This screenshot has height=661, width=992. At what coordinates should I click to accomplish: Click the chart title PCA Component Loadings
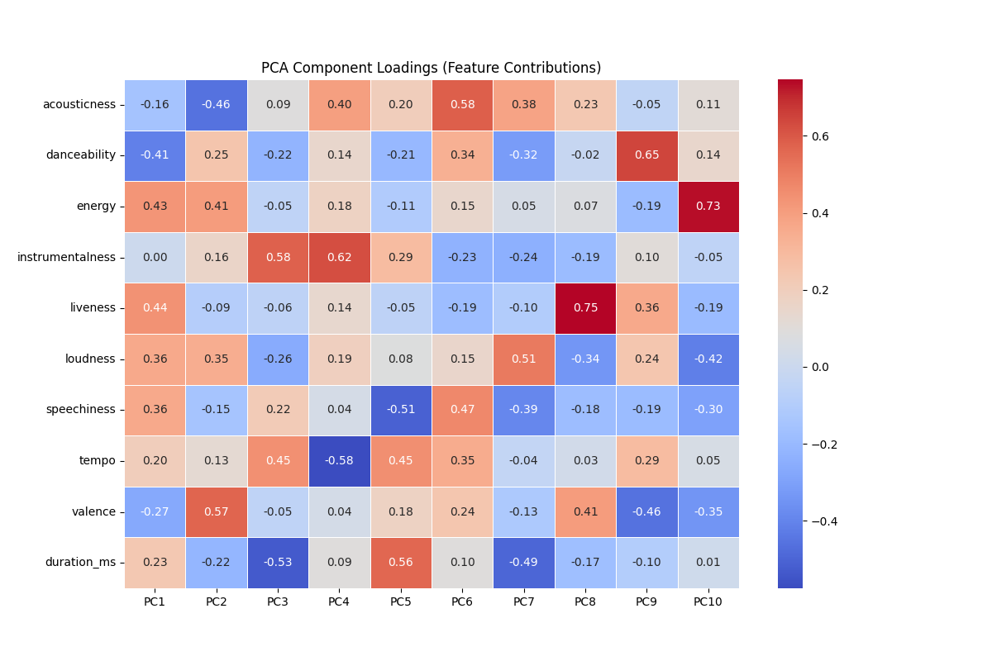click(431, 68)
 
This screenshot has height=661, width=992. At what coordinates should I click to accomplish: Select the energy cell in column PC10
click(708, 206)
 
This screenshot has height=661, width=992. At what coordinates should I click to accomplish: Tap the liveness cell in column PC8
click(585, 307)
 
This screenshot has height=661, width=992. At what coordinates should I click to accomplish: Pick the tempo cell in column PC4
click(339, 460)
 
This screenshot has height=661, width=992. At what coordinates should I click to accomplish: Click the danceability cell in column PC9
click(646, 155)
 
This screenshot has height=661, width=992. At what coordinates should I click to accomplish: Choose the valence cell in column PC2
click(216, 511)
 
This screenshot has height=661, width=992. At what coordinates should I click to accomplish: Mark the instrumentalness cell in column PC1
click(155, 257)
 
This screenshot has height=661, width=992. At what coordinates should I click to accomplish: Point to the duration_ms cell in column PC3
click(278, 563)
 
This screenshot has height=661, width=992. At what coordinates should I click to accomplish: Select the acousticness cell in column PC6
click(462, 104)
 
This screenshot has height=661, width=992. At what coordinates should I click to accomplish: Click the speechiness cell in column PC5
click(400, 410)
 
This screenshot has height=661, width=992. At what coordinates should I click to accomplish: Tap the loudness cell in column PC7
click(523, 359)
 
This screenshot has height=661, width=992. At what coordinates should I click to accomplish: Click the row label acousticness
click(79, 104)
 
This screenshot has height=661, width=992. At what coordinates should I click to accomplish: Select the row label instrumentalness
click(66, 257)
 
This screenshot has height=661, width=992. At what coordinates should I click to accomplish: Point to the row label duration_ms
click(80, 563)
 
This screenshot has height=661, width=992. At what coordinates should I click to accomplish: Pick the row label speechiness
click(80, 410)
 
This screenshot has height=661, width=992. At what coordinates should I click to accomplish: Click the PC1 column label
click(155, 602)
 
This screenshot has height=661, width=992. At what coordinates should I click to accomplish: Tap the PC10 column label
click(708, 602)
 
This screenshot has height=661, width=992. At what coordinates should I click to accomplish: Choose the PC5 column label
click(400, 602)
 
